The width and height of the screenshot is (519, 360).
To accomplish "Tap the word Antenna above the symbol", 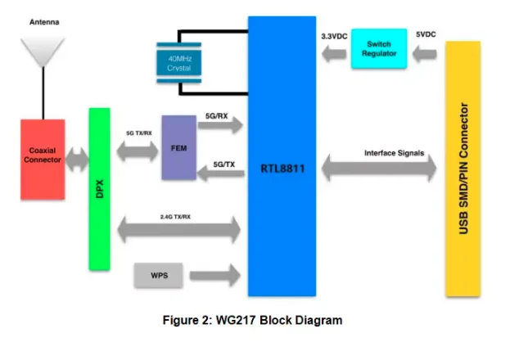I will (43, 23).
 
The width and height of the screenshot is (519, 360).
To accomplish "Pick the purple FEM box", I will (178, 148).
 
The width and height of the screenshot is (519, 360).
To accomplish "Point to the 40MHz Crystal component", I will (178, 60).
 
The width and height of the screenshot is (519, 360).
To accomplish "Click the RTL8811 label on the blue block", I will (282, 167).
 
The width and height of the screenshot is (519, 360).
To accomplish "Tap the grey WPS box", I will (159, 276).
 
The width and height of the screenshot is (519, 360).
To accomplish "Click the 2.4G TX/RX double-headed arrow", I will (180, 230).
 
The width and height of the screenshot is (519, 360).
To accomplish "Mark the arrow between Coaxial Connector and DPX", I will (77, 159).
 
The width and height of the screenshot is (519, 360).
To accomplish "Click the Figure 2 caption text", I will (255, 320).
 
